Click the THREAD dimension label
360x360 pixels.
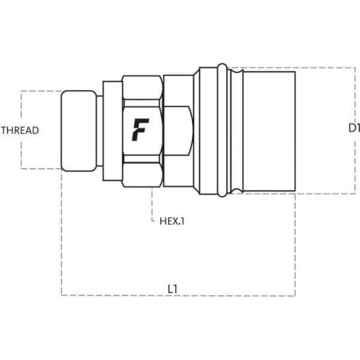(x=20, y=130)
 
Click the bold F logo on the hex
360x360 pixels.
(x=141, y=128)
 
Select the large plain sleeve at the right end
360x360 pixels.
(x=268, y=130)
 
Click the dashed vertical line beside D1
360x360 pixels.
(x=355, y=130)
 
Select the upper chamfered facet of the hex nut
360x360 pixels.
(x=142, y=87)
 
